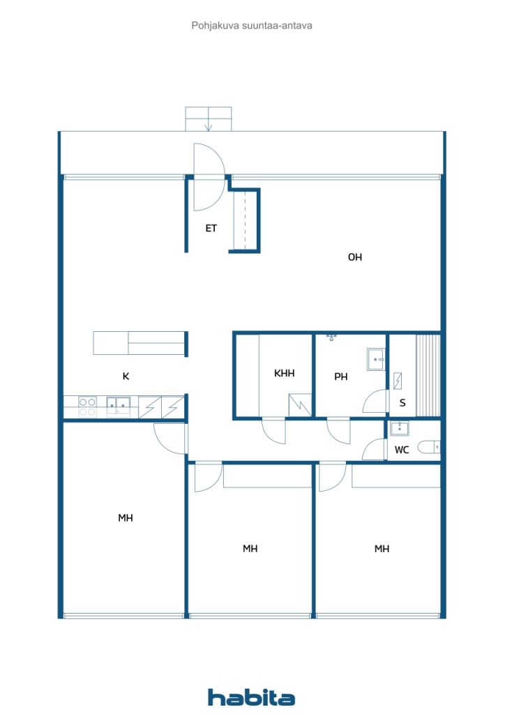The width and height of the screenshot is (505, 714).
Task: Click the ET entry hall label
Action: [211, 228]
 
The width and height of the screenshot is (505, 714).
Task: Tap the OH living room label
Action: [355, 257]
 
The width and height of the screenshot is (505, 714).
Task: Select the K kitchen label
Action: [126, 376]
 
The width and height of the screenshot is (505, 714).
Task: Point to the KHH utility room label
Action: [284, 373]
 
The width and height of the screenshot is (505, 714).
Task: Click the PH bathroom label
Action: [340, 377]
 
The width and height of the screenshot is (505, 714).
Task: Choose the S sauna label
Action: [402, 402]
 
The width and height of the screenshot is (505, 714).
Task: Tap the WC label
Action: [402, 450]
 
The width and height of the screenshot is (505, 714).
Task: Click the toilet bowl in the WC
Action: [428, 447]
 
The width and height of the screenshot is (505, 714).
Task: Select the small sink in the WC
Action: [400, 428]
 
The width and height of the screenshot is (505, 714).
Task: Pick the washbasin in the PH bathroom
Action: [376, 360]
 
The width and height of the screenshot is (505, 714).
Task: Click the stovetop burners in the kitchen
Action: [87, 407]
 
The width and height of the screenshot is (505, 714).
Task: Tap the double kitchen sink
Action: [118, 405]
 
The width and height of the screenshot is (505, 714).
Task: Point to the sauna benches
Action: [428, 376]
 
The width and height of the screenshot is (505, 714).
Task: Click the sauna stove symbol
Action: [398, 381]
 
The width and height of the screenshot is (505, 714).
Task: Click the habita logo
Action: [251, 697]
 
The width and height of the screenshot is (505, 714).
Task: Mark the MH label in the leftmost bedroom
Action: [126, 518]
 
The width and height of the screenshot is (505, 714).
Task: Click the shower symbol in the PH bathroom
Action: [331, 337]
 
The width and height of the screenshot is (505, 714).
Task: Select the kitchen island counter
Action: [140, 343]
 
